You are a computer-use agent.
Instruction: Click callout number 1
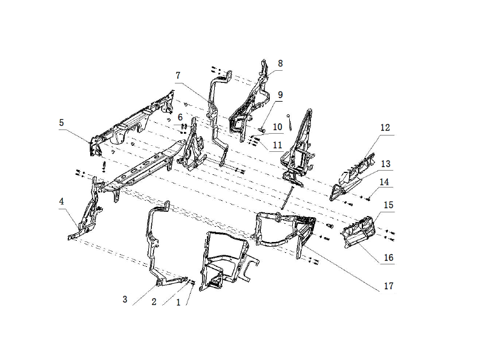coord(178,302)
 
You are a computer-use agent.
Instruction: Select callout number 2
coord(154,301)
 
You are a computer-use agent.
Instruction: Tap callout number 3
coord(125,299)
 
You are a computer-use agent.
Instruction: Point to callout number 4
coord(62,201)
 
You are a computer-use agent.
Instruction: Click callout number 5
coord(62,123)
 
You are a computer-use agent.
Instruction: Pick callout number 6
coord(180,117)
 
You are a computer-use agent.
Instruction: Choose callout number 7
coord(178,75)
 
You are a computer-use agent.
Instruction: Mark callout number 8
coord(280,64)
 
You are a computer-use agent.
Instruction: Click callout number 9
coord(280,94)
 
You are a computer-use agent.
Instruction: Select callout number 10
coord(278,127)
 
